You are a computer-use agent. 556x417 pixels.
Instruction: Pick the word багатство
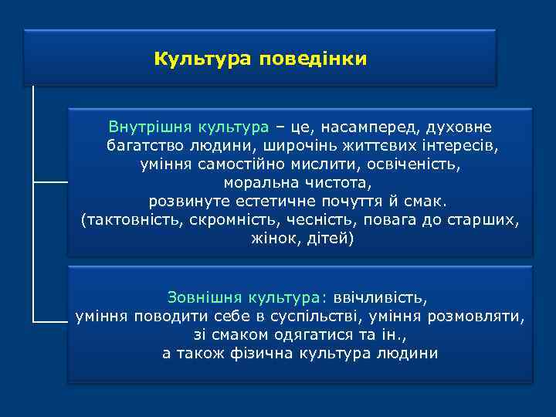tap(141, 145)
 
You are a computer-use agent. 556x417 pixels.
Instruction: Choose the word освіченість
tap(419, 164)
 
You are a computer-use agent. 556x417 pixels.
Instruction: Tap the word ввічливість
tap(380, 297)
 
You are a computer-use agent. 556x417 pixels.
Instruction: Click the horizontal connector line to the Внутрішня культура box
tap(51, 183)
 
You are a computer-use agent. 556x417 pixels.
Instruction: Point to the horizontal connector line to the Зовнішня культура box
tap(51, 320)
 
